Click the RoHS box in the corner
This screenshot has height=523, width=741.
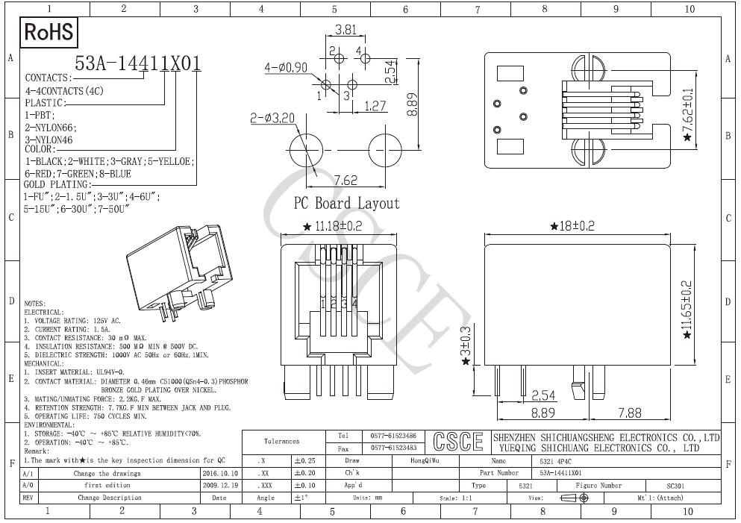coord(50,32)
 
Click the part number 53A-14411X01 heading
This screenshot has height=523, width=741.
coord(139,64)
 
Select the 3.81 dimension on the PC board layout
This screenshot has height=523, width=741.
coord(345,31)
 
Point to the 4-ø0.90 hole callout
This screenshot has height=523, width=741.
coord(287,68)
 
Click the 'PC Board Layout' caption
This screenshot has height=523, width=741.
coord(346,203)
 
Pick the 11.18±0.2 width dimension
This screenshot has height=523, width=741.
coord(337,227)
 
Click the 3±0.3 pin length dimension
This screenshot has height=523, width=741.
coord(466,345)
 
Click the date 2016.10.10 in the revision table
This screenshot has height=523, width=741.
coord(220,473)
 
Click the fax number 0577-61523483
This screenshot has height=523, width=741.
coord(393,448)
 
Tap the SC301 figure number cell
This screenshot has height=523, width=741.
coord(681,485)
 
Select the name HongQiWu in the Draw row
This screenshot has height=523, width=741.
coord(426,461)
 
